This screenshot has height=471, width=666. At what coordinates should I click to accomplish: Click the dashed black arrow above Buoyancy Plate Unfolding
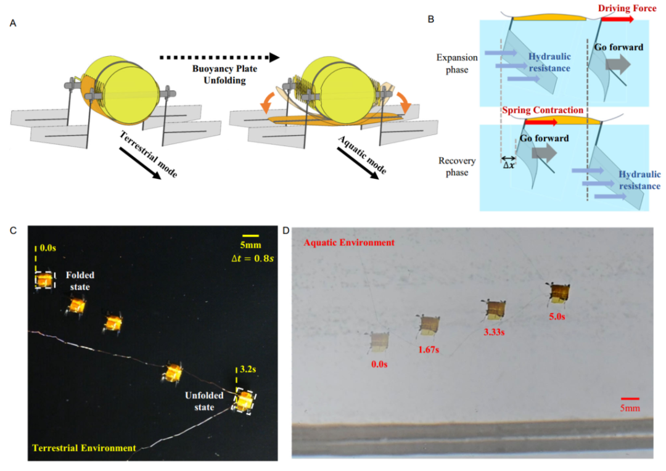[219, 57]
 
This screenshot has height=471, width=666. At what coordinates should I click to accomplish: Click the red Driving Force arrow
[617, 19]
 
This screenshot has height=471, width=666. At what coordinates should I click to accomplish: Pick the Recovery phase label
[456, 166]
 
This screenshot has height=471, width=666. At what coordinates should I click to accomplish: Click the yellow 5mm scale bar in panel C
[250, 236]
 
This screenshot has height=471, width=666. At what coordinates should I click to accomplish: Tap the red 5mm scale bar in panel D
[630, 399]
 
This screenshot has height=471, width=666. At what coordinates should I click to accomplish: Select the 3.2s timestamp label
[247, 371]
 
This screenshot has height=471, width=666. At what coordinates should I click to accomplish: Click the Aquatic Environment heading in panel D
[348, 242]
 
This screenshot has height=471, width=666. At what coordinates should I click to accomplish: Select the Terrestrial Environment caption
[84, 448]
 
